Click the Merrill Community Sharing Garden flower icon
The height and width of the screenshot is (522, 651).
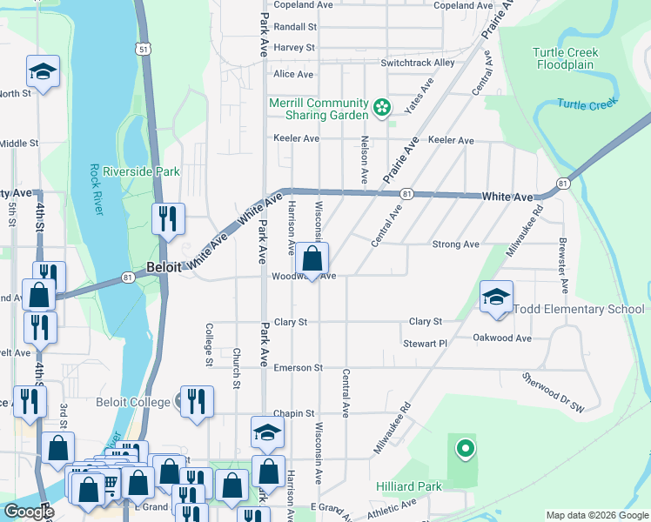tap(380, 108)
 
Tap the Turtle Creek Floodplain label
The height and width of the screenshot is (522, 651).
tap(566, 58)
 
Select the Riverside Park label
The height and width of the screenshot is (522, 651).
tap(141, 171)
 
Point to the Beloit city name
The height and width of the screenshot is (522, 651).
tap(164, 268)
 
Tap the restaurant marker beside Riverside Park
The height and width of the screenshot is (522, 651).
tap(168, 220)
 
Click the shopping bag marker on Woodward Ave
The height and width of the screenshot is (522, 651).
tap(312, 259)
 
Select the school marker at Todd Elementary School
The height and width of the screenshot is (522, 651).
tap(496, 297)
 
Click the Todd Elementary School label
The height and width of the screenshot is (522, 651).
tap(579, 310)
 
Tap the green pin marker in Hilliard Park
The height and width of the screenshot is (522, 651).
tap(466, 449)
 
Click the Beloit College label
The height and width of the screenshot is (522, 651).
tap(139, 402)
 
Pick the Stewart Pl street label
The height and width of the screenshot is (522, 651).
tap(425, 344)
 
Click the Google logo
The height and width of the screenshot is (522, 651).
tap(29, 512)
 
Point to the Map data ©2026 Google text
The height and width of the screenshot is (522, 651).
tap(596, 515)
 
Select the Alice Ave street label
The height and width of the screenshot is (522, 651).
tap(294, 75)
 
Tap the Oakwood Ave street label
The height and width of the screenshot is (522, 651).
tap(502, 338)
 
